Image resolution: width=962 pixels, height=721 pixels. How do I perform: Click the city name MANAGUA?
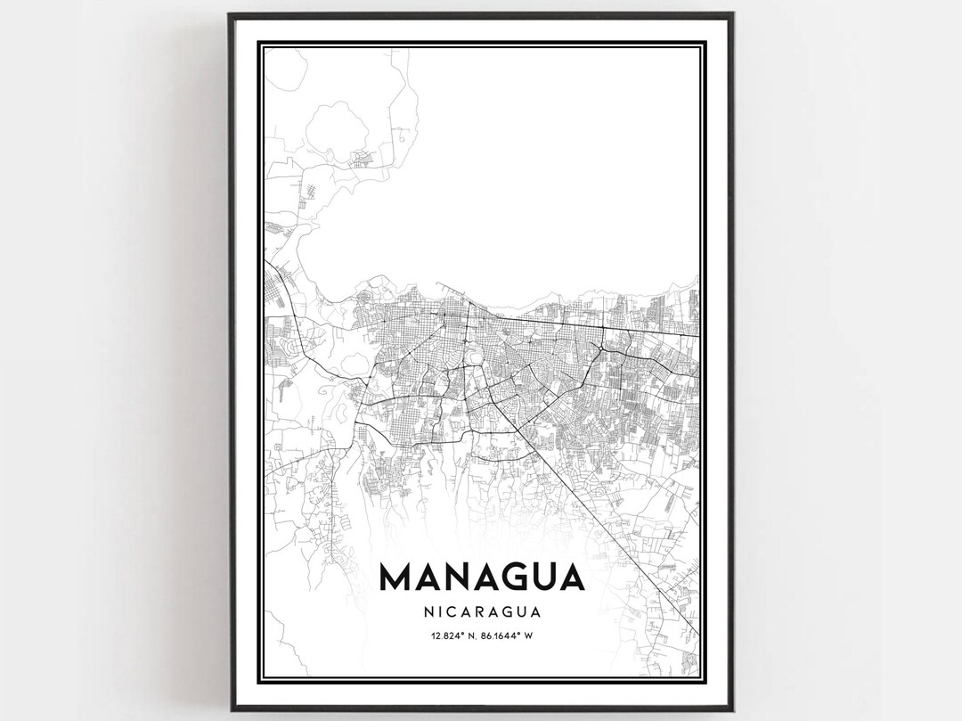pyautogui.click(x=482, y=577)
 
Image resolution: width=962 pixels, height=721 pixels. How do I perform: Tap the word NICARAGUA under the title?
pyautogui.click(x=482, y=612)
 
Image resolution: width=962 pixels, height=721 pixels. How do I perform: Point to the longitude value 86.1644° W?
pyautogui.click(x=511, y=635)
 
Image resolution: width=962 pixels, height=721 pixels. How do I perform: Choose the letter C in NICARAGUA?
pyautogui.click(x=458, y=612)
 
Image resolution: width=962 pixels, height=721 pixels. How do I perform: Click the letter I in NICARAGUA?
pyautogui.click(x=444, y=612)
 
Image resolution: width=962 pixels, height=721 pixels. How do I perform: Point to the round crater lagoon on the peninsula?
pyautogui.click(x=337, y=126)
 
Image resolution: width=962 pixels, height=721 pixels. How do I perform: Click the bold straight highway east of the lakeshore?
pyautogui.click(x=606, y=326)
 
